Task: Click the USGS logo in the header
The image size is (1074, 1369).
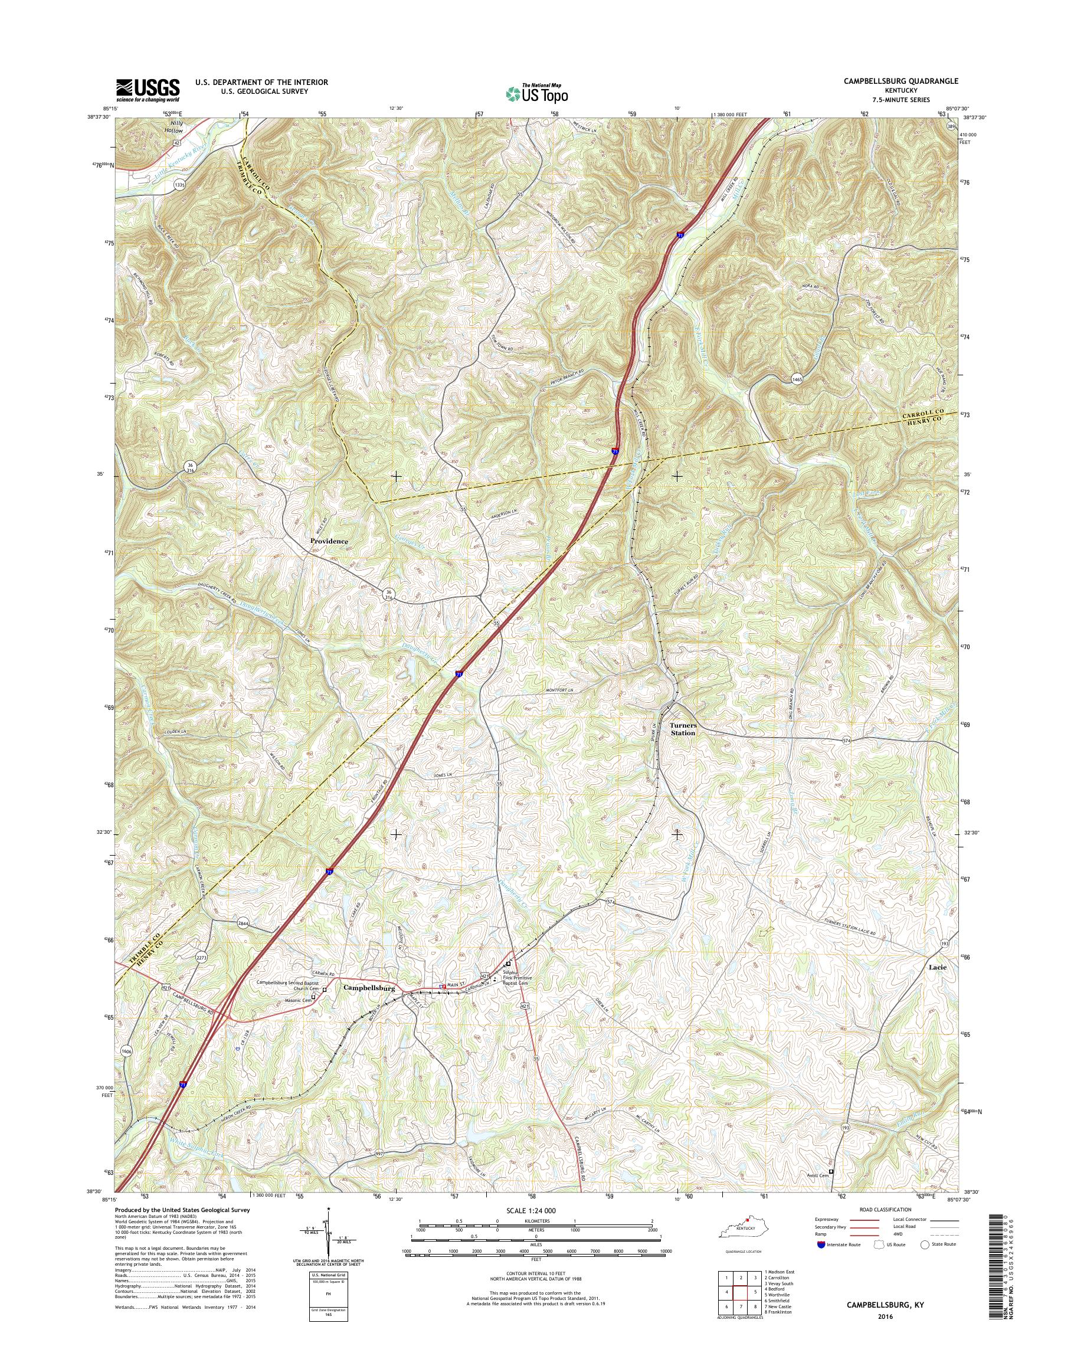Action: pyautogui.click(x=148, y=90)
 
